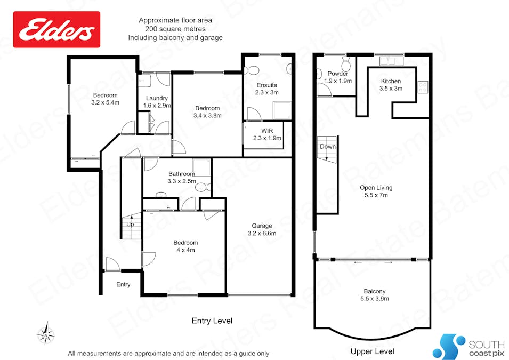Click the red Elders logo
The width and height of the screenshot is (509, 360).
[56, 30]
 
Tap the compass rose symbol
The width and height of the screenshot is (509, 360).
[46, 334]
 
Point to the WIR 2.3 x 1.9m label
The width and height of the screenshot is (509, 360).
[267, 134]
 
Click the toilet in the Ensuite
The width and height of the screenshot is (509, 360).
[253, 69]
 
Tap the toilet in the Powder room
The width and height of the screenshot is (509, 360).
[345, 65]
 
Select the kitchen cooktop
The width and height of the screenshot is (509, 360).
[423, 86]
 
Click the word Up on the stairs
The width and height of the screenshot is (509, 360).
[130, 224]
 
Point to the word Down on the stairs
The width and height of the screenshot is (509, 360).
[327, 147]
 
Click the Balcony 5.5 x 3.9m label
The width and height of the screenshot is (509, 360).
[375, 295]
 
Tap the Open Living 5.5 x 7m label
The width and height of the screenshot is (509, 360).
[376, 191]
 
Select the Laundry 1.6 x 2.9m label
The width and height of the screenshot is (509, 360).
[157, 102]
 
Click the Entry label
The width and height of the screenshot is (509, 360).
[123, 285]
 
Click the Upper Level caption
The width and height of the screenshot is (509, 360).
[372, 351]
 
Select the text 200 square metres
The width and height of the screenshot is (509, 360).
[175, 29]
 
